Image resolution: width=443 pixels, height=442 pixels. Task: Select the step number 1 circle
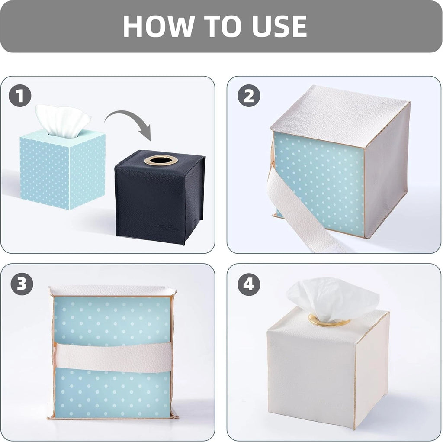coord(20,96)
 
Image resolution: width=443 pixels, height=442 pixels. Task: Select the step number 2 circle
coord(249,96)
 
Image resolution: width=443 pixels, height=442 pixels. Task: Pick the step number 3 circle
coord(21,284)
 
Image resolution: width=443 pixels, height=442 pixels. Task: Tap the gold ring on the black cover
coord(161,160)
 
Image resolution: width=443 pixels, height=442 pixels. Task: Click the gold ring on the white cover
coord(329,321)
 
